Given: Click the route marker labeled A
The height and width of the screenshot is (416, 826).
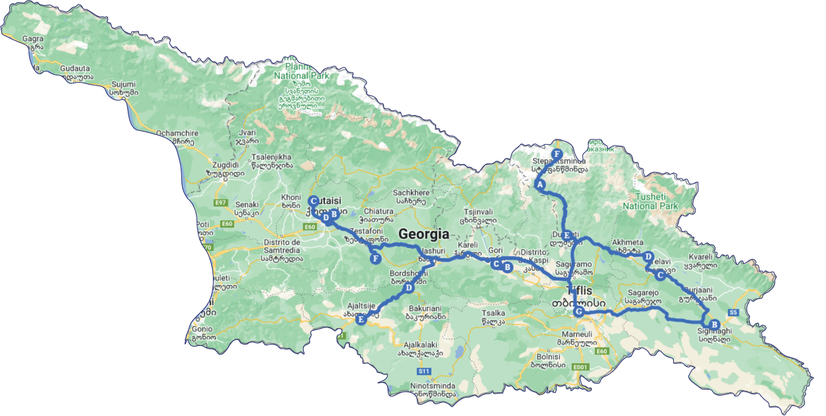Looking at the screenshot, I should tap(540, 185).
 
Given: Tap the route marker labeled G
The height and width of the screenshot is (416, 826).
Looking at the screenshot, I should tap(579, 312).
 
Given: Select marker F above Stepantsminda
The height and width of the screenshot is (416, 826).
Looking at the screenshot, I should tap(557, 154).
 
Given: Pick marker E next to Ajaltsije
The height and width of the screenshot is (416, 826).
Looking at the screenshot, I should tap(361, 320).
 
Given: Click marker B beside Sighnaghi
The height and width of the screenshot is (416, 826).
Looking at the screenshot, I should tap(713, 324).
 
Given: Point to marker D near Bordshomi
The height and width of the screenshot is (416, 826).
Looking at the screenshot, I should tap(409, 288).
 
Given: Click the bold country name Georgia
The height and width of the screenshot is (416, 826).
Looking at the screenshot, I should tap(424, 234).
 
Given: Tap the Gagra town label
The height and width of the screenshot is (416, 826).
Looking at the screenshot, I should tap(32, 39).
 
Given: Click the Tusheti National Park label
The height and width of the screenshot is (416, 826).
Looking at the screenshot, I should tap(651, 201).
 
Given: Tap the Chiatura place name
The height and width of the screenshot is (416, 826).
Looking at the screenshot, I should tap(378, 212).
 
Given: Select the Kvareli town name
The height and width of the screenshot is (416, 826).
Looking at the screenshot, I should tap(700, 257).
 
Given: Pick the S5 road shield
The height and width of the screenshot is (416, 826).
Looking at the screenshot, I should tap(733, 312).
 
